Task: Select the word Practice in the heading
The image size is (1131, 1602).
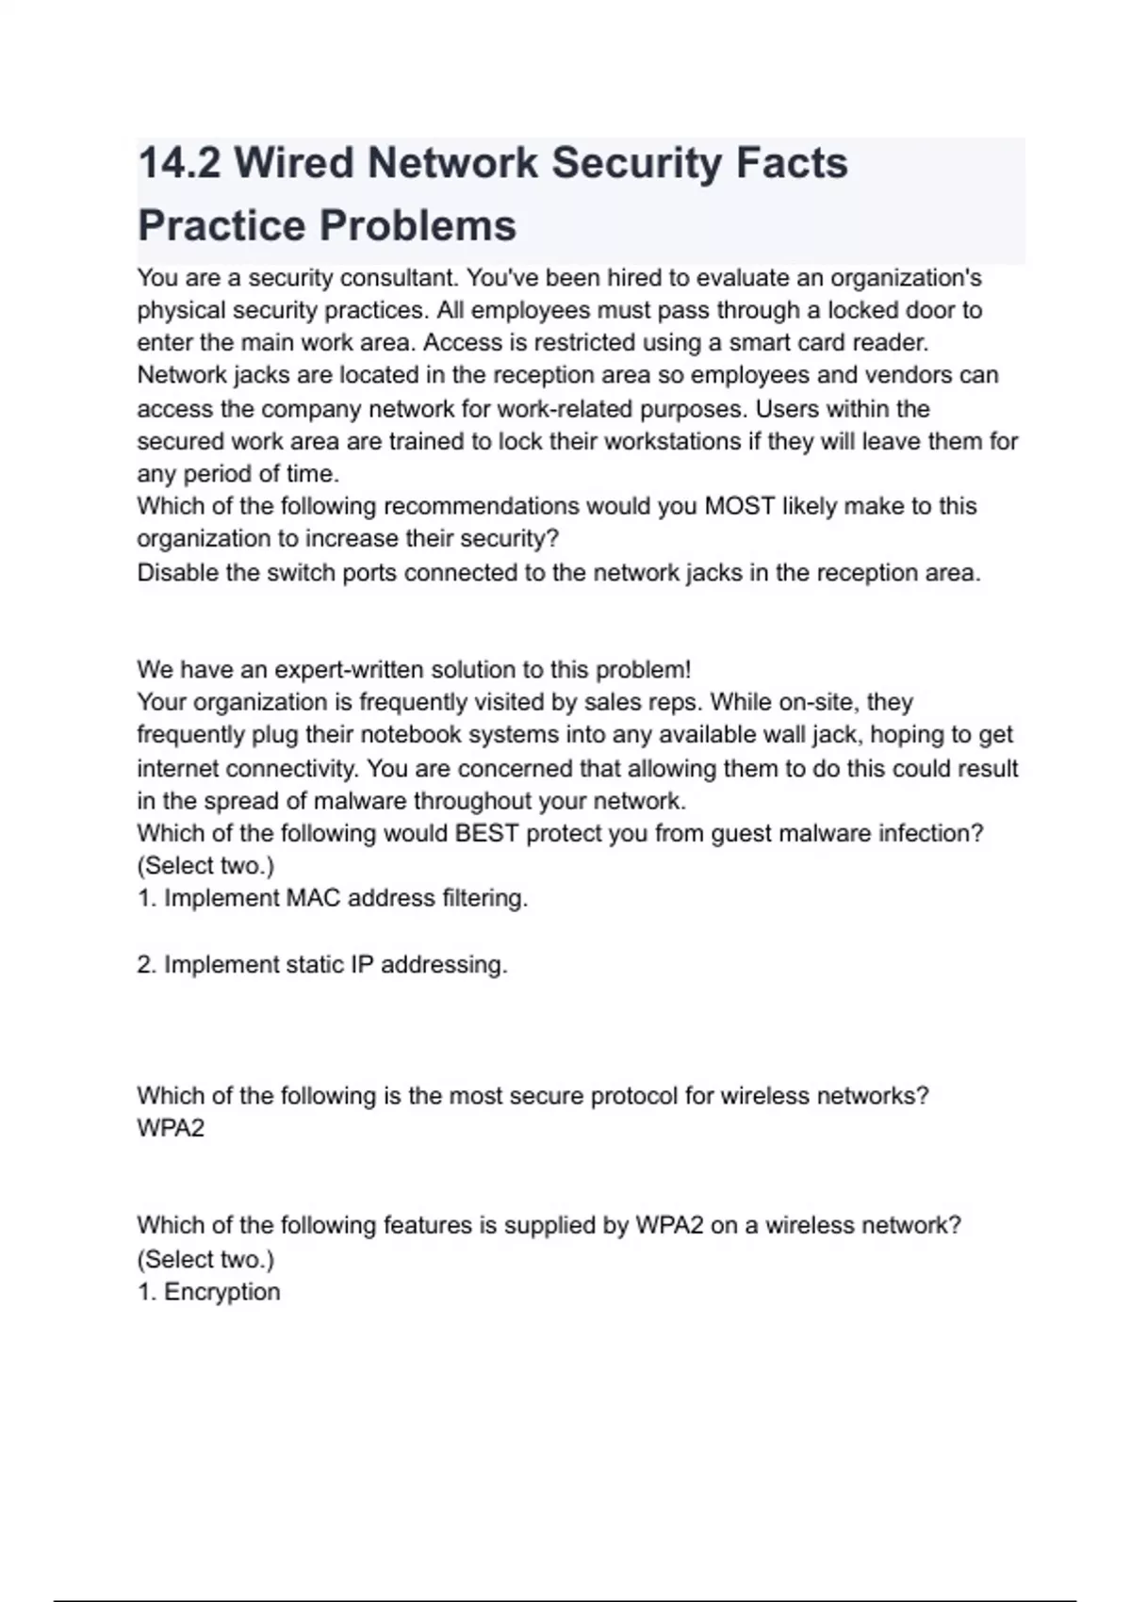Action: pyautogui.click(x=221, y=226)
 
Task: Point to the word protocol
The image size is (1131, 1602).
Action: pyautogui.click(x=634, y=1096)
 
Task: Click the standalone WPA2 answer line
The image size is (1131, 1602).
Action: pyautogui.click(x=171, y=1128)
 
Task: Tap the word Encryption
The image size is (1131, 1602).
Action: pyautogui.click(x=222, y=1292)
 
